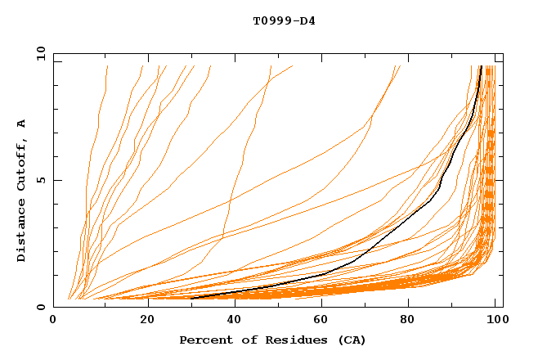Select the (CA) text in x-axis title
pos(352,340)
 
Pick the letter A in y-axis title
pos(21,123)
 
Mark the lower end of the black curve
pos(191,298)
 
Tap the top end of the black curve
pos(481,67)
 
